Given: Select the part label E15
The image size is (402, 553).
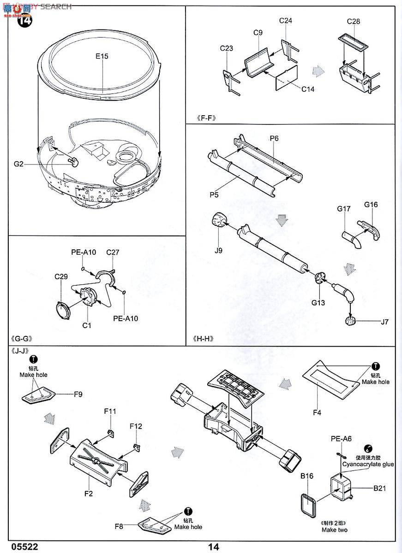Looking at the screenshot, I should tap(102, 57).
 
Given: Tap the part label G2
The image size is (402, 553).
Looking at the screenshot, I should tap(19, 164).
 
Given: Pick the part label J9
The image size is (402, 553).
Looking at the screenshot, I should tap(218, 250).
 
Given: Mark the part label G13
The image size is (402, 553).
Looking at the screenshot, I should tap(318, 303).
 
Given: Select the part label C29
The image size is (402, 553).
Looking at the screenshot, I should tap(61, 276).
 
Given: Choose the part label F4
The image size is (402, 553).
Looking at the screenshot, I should tap(317, 412).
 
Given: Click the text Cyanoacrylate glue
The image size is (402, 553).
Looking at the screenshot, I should tap(368, 465).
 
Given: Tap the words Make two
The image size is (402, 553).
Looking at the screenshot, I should tap(335, 529).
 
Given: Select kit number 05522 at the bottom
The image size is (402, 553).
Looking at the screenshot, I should tap(23, 547).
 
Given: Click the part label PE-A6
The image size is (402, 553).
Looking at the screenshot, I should tap(341, 439).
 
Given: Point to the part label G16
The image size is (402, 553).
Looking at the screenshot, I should tap(371, 205).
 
